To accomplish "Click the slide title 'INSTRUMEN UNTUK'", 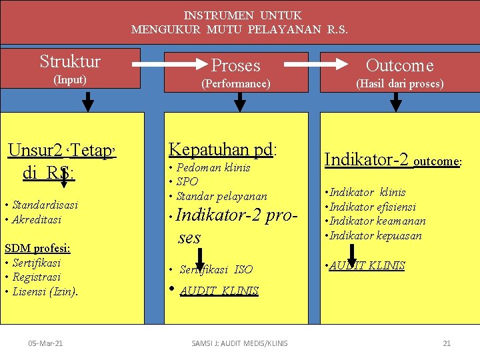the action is [243, 15].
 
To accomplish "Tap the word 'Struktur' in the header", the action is [70, 62].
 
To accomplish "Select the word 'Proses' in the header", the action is [236, 65].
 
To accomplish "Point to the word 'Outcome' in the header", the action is [399, 65].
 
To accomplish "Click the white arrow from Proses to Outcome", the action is [315, 65].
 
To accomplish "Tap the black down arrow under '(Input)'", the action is [87, 101].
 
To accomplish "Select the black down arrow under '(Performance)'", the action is [240, 101].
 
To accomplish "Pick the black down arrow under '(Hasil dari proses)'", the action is [395, 101].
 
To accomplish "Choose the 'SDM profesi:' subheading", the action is [37, 249].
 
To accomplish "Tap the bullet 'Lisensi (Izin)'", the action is [45, 291].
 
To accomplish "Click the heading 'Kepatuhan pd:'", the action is [223, 149].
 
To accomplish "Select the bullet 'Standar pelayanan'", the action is [221, 196].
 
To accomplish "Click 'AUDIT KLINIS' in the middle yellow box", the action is [219, 291].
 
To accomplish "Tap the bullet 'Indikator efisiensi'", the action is [378, 207].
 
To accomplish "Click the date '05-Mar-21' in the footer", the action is [46, 343].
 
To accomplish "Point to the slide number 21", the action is [447, 343].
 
